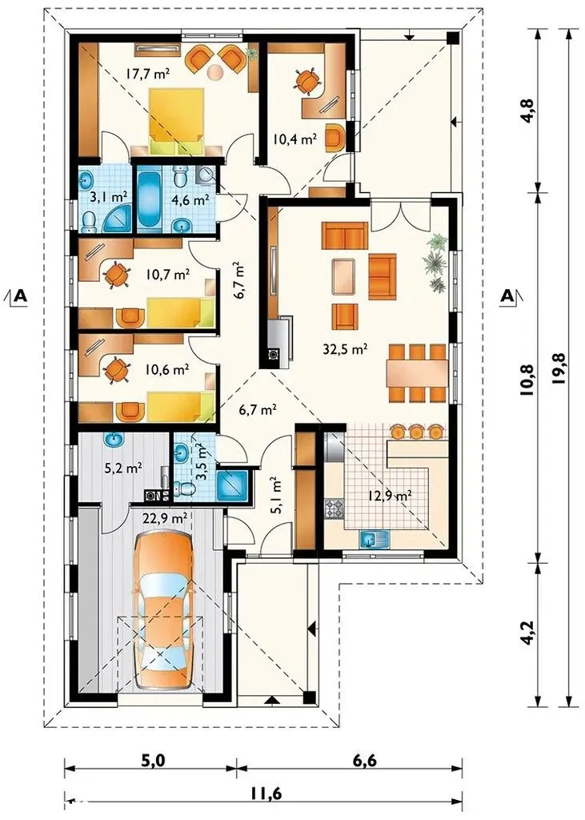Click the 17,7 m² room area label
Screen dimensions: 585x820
point(147,73)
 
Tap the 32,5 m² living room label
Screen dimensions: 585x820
point(343,349)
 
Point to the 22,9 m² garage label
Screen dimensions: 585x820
point(165,518)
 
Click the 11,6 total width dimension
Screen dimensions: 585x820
point(265,794)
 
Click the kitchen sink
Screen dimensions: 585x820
point(375,538)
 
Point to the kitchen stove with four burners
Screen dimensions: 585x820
point(335,508)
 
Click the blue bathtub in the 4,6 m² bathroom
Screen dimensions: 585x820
point(150,197)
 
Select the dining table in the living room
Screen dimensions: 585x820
point(417,372)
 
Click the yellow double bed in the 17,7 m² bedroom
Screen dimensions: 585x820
point(176,119)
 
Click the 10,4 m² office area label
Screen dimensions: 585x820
point(295,139)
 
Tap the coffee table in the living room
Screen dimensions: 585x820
point(344,277)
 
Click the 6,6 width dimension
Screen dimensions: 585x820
point(364,760)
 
